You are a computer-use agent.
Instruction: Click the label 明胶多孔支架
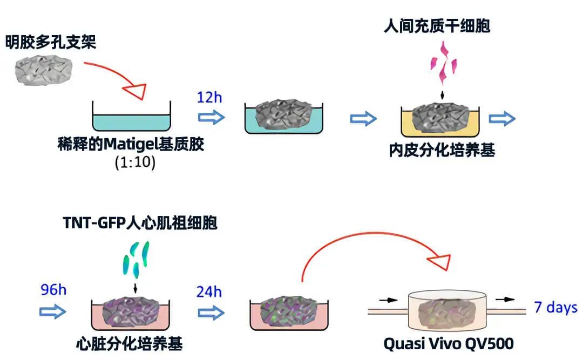point(51,42)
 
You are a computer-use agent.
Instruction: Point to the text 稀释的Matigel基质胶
point(131,145)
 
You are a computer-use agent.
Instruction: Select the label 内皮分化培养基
point(442,150)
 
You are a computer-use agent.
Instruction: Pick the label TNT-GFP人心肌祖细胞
point(139,222)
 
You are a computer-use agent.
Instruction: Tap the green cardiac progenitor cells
point(134,259)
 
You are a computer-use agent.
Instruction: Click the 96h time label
point(53,290)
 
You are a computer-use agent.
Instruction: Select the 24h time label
point(209,292)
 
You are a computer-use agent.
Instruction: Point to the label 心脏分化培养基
point(129,343)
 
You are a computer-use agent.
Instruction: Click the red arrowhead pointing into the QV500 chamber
point(442,261)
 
